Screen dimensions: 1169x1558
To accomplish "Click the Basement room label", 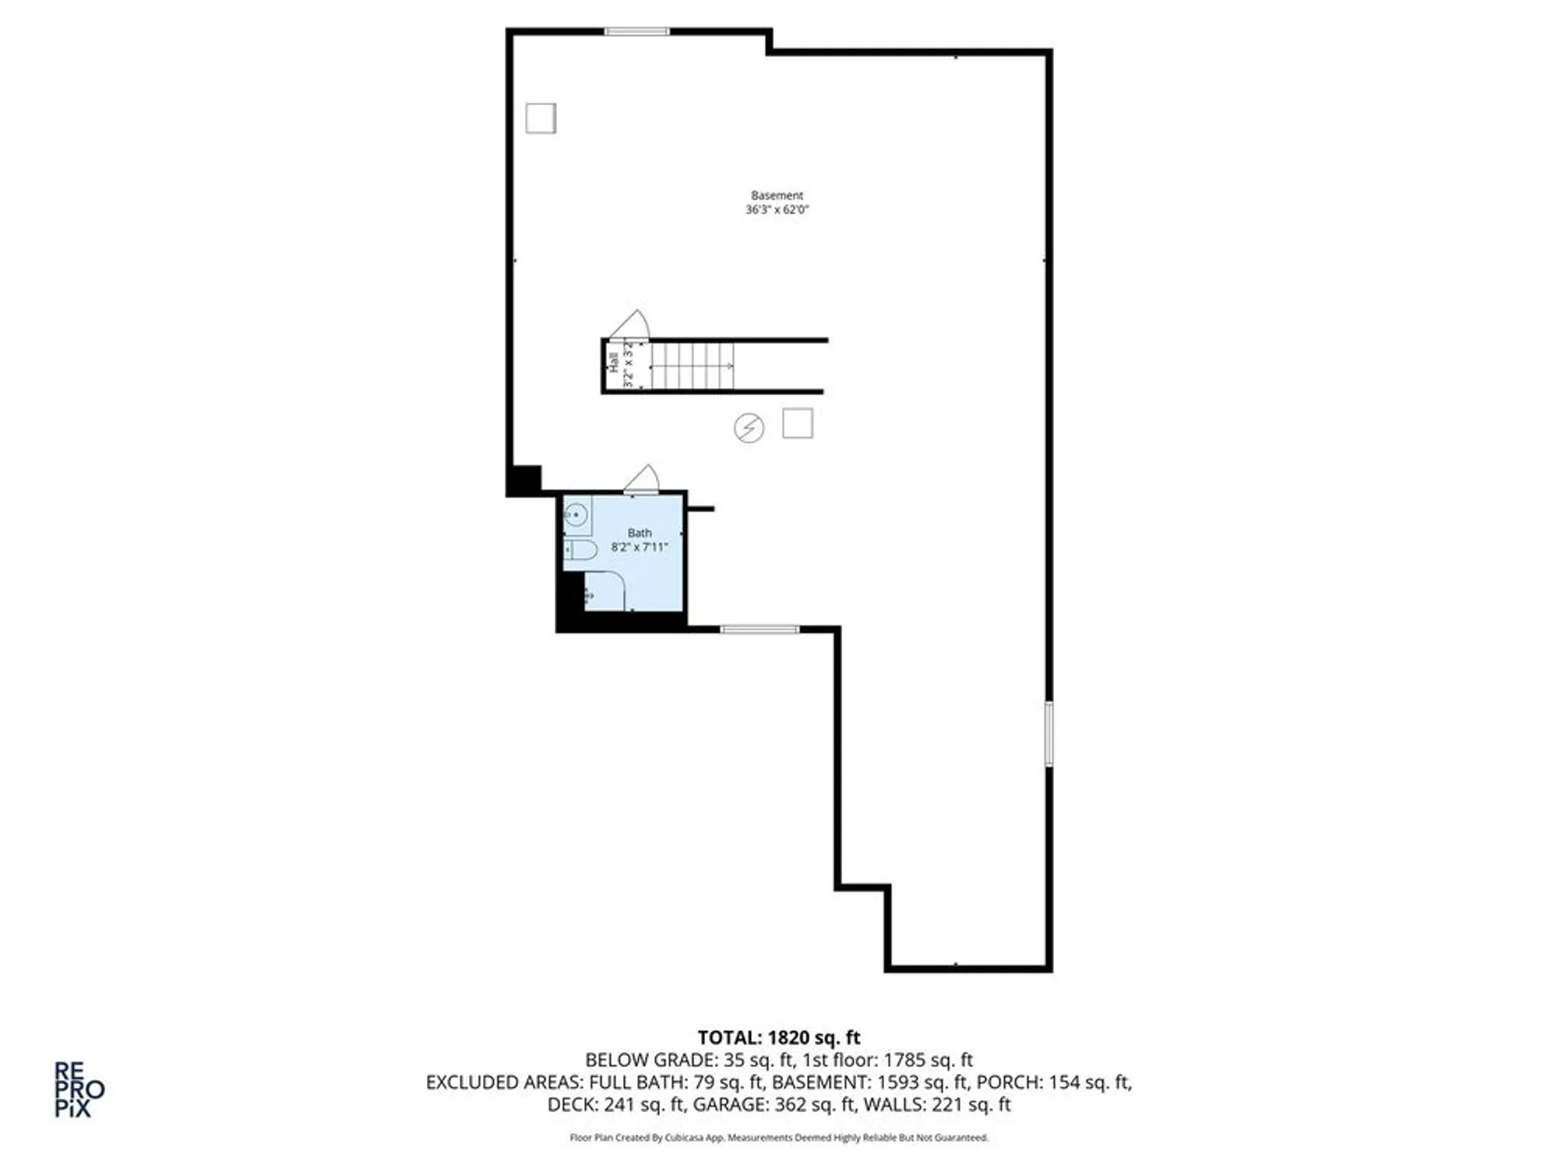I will (777, 196).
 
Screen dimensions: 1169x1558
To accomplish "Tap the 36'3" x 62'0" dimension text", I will (777, 210).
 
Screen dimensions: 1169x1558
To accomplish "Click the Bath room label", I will (640, 533).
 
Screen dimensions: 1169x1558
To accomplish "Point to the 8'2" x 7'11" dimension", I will (640, 547).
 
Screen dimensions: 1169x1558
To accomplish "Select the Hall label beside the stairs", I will (614, 362).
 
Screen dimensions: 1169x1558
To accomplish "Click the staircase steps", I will (692, 366).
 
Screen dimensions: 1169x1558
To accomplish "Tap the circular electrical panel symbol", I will (749, 428).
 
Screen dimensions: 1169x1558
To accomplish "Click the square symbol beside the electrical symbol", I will (798, 423).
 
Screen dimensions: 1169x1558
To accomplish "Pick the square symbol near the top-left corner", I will (541, 118).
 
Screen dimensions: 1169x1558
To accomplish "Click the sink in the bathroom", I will (576, 515).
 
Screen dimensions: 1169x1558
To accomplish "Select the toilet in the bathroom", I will (580, 549).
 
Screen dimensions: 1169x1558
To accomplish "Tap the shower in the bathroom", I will (605, 592).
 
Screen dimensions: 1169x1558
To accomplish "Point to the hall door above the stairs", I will (630, 325).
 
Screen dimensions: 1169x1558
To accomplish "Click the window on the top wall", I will (637, 32).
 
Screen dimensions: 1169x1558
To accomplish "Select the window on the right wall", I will (1049, 733).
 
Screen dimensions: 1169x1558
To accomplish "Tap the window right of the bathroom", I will (760, 629).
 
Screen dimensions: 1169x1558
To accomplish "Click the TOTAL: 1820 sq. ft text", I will (778, 1037).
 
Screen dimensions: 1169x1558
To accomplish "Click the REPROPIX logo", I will (79, 1089).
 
